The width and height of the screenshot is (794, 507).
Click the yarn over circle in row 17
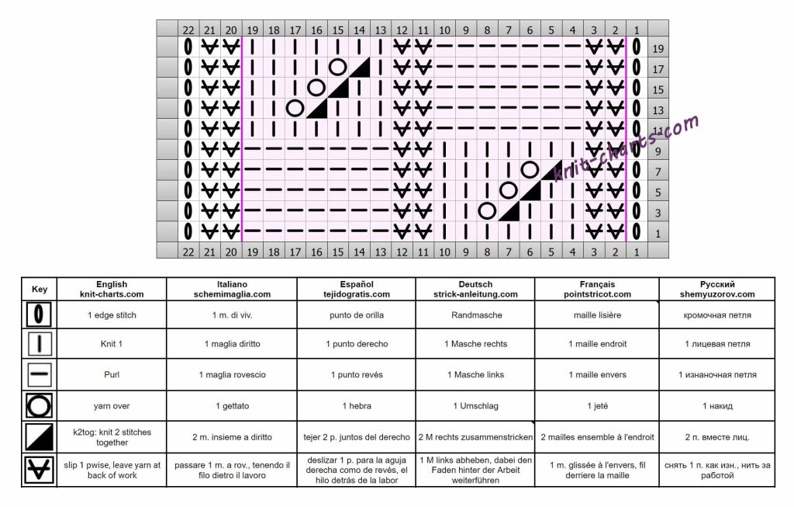(337, 68)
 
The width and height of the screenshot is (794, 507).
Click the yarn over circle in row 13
(295, 108)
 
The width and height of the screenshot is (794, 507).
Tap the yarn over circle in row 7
(530, 169)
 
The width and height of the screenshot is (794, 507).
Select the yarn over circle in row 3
(487, 210)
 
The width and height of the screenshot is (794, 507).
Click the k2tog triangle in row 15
(337, 88)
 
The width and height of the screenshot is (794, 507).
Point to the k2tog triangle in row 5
(530, 190)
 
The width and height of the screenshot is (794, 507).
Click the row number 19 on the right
(658, 48)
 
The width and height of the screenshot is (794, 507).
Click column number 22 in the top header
(188, 30)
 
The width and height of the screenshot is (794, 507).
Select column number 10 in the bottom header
(444, 251)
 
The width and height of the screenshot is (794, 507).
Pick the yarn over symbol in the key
(40, 405)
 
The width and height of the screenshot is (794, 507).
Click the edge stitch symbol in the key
(40, 315)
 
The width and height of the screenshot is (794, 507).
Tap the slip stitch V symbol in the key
(40, 470)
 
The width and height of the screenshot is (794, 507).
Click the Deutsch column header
(475, 290)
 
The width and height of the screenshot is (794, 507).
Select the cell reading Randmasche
(475, 315)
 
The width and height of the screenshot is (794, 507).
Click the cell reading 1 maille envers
(597, 375)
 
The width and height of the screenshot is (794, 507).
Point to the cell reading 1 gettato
(237, 405)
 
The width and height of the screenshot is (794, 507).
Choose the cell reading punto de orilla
(357, 315)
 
